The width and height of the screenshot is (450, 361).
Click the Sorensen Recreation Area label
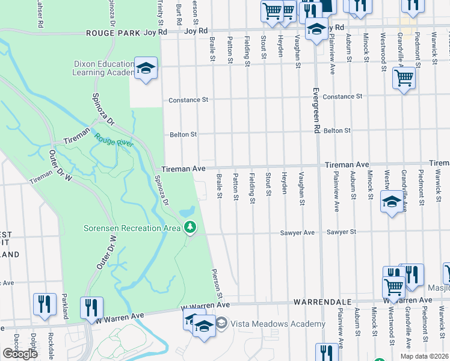click(132, 227)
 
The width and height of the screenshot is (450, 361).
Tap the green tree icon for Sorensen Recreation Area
click(191, 227)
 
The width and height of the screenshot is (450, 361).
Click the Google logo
click(20, 354)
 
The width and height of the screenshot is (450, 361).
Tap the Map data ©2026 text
click(424, 356)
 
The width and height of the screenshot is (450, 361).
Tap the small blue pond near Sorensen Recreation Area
click(186, 212)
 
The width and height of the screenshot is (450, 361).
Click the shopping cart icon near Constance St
click(404, 78)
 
